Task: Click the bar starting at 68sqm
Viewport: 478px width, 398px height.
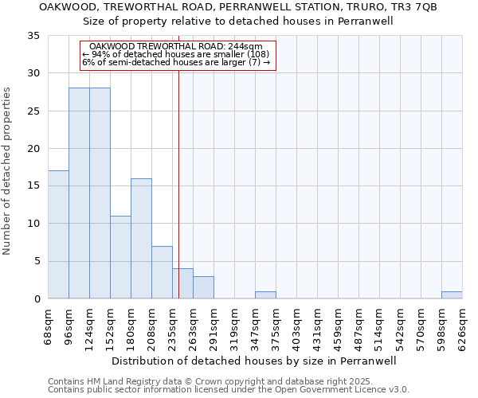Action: [x=58, y=235]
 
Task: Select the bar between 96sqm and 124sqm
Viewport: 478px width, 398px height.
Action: [x=79, y=193]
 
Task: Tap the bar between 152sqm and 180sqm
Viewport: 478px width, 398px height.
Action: [x=120, y=257]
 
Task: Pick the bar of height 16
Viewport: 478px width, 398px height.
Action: [x=141, y=239]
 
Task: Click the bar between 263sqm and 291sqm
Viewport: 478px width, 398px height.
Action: [x=203, y=287]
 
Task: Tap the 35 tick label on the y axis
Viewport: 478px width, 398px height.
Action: [x=33, y=36]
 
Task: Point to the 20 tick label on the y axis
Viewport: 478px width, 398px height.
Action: [x=33, y=149]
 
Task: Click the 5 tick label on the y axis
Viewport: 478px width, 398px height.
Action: [x=37, y=261]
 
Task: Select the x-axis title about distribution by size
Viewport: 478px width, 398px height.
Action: [x=254, y=361]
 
